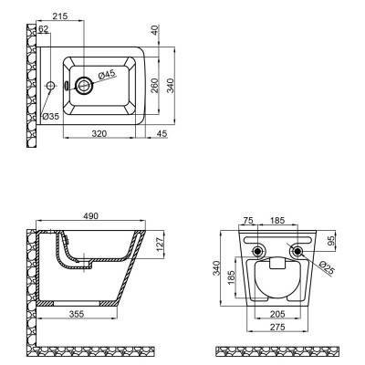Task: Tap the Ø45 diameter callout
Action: click(106, 75)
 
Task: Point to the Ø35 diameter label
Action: click(50, 116)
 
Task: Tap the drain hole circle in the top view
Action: click(85, 86)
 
